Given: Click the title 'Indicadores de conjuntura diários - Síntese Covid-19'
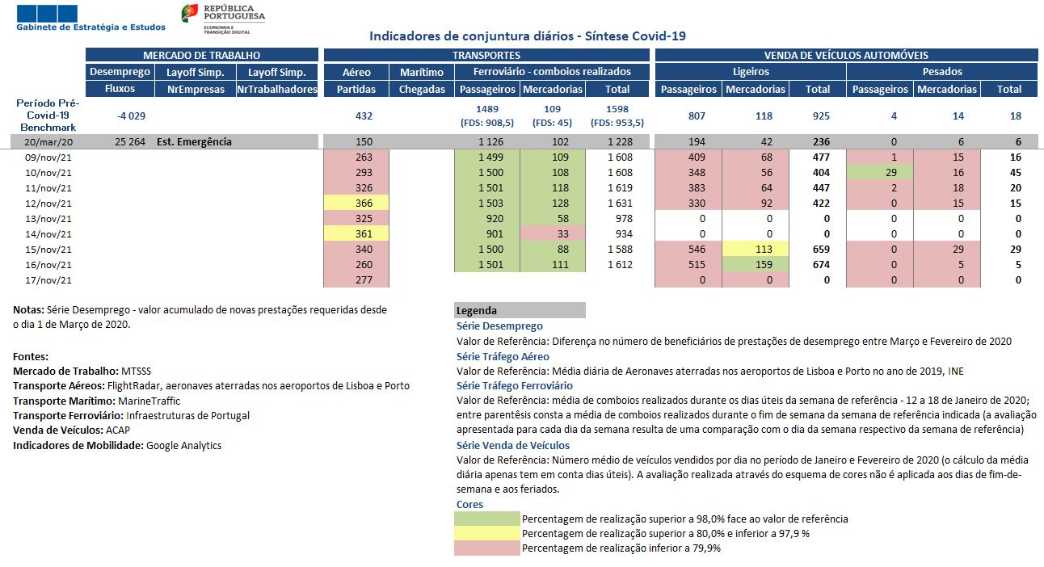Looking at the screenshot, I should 527,36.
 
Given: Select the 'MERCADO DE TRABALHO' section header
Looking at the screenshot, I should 201,56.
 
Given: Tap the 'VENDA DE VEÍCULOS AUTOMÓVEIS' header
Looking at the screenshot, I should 846,56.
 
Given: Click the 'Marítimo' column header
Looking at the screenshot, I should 422,72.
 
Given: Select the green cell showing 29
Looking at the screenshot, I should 880,172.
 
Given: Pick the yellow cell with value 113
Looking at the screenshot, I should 756,249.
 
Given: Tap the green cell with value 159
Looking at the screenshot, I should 756,264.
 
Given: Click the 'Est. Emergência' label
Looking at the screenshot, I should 194,142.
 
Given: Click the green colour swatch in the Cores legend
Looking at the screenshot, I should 488,519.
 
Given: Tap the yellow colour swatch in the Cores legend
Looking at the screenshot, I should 488,533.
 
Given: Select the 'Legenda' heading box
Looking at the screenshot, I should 520,310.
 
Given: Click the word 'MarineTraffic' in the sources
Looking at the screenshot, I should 149,401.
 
